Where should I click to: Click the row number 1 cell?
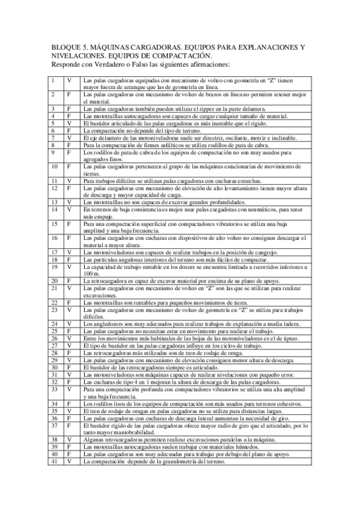tap(53, 80)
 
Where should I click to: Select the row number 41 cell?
tap(55, 461)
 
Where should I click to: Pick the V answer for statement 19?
tap(69, 266)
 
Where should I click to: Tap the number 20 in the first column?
tap(55, 281)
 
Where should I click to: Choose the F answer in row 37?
tap(69, 425)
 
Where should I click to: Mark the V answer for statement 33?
tap(69, 389)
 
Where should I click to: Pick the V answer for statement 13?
tap(69, 202)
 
